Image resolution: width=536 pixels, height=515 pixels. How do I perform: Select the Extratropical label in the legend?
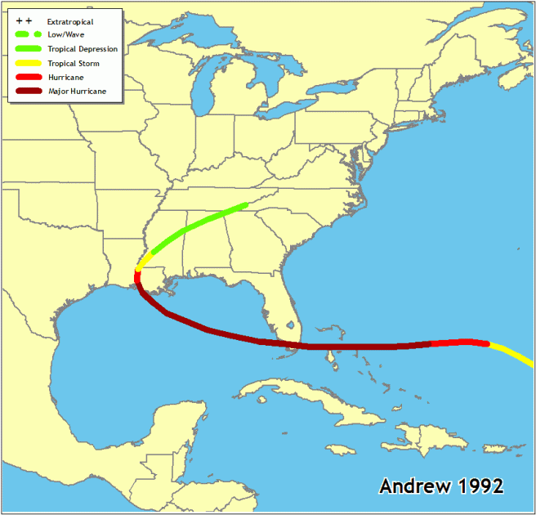click(x=70, y=21)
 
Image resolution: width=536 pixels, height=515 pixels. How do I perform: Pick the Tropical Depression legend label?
click(x=83, y=49)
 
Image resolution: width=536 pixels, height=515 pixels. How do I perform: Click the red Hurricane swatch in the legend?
click(x=28, y=78)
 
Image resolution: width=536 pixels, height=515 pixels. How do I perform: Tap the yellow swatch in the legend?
click(x=28, y=63)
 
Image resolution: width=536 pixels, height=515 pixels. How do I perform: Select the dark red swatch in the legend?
click(x=28, y=92)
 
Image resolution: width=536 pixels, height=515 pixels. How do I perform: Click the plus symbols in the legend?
click(x=24, y=20)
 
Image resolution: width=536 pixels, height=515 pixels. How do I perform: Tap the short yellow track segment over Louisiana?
click(x=144, y=261)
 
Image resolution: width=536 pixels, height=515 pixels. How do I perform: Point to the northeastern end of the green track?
click(x=245, y=205)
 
